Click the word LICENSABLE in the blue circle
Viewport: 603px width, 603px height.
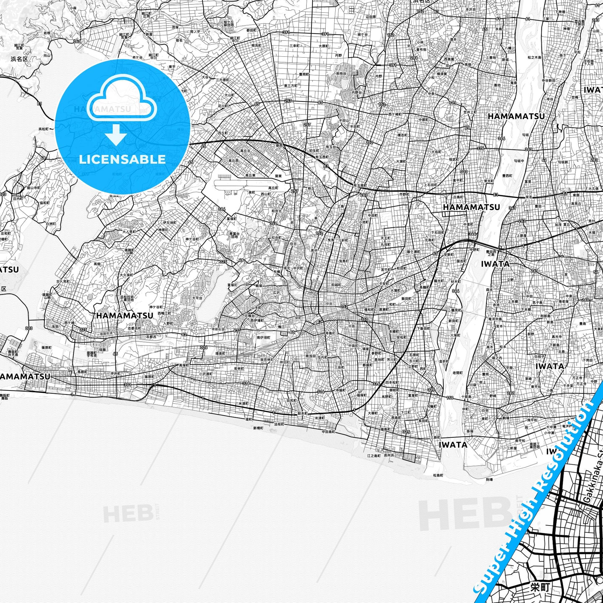122,159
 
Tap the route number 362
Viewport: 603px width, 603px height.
77,41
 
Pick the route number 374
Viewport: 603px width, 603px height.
480,148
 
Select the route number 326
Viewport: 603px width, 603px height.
204,347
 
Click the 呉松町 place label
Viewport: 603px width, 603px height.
43,129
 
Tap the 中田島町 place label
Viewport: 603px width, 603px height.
328,432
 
